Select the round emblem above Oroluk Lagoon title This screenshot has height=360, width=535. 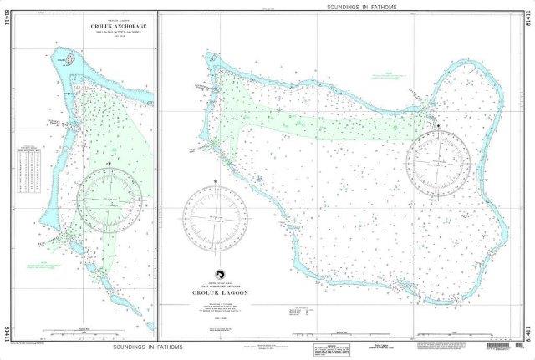pyautogui.click(x=218, y=272)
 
